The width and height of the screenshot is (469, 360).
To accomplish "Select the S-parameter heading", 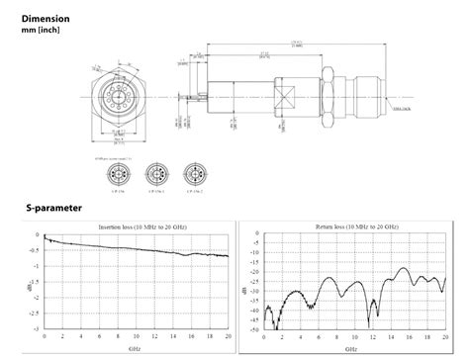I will tap(54, 209).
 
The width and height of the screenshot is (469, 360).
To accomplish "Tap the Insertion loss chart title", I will tap(135, 226).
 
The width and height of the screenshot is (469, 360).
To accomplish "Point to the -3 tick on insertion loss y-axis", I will tap(37, 328).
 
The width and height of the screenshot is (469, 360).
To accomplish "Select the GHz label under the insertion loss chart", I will tap(135, 348).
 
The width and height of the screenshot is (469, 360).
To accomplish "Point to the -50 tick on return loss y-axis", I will tap(255, 328).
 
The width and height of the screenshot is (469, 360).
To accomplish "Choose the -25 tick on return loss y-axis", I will tap(255, 282).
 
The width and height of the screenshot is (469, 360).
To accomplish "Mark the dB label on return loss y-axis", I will tap(245, 282).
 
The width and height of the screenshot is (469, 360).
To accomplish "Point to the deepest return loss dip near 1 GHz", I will tap(278, 324).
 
